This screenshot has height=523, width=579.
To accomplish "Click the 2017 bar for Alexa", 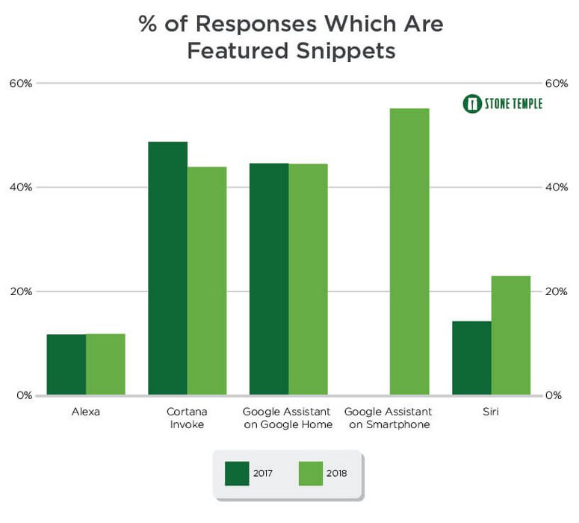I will pos(66,365).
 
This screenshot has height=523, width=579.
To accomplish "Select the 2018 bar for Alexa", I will pos(105,365).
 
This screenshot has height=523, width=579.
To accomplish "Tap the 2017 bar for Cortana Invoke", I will pos(167,268).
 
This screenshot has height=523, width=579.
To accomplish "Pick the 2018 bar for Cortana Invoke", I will pos(207,281).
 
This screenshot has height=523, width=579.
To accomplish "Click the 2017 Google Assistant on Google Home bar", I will pos(269,279).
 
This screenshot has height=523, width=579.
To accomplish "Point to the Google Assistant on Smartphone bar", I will pos(409,252).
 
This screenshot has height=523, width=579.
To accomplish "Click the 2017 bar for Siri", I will pos(471,358).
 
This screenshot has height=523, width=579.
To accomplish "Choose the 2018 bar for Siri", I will pos(511,335).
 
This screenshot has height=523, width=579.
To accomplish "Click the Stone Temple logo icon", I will pos(471,104).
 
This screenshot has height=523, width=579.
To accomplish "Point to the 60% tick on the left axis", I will pos(21,83).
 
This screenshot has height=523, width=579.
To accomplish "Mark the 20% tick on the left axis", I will pos(21,291).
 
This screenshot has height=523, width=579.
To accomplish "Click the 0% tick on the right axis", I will pos(553,395).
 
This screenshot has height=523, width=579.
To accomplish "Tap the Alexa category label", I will pos(86,412).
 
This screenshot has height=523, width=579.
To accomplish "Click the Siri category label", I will pos(491,412).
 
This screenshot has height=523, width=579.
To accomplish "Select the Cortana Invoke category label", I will pos(188,418).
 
